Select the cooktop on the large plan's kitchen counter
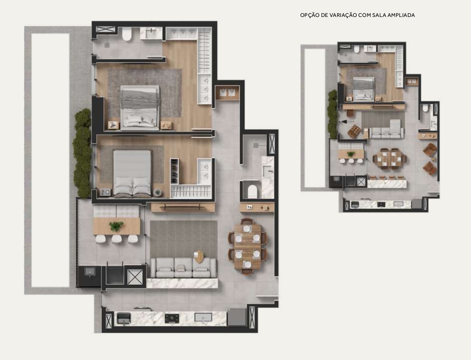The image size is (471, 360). coord(172,318)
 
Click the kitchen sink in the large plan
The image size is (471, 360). coord(203,317)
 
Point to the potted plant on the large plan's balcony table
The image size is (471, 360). coord(116,226)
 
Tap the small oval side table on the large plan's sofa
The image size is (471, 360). coord(199,257)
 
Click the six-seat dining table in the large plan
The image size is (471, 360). coord(247,246)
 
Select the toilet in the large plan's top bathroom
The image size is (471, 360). coord(126,34)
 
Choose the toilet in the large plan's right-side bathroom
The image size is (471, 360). coord(252,191)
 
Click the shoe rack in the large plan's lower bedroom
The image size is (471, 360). coord(174,171)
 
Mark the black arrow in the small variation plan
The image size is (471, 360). coord(347,122)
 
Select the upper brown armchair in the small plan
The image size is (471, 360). coord(430,150)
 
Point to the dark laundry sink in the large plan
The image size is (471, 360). coord(90,272)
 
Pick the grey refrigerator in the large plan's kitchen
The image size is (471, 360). coord(237,317)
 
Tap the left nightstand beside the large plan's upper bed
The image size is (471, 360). coord(113,125)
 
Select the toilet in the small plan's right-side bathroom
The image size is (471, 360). coord(425,108)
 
